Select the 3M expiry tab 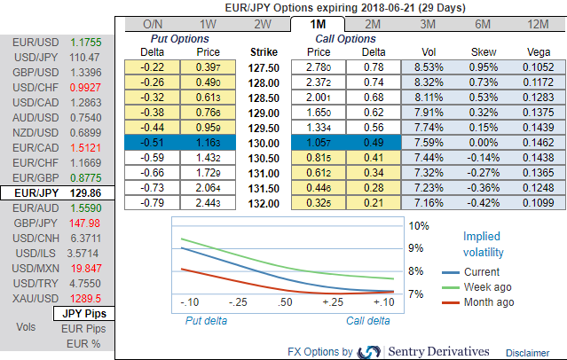[429, 24]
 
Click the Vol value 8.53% [428, 67]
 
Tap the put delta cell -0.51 [154, 143]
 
